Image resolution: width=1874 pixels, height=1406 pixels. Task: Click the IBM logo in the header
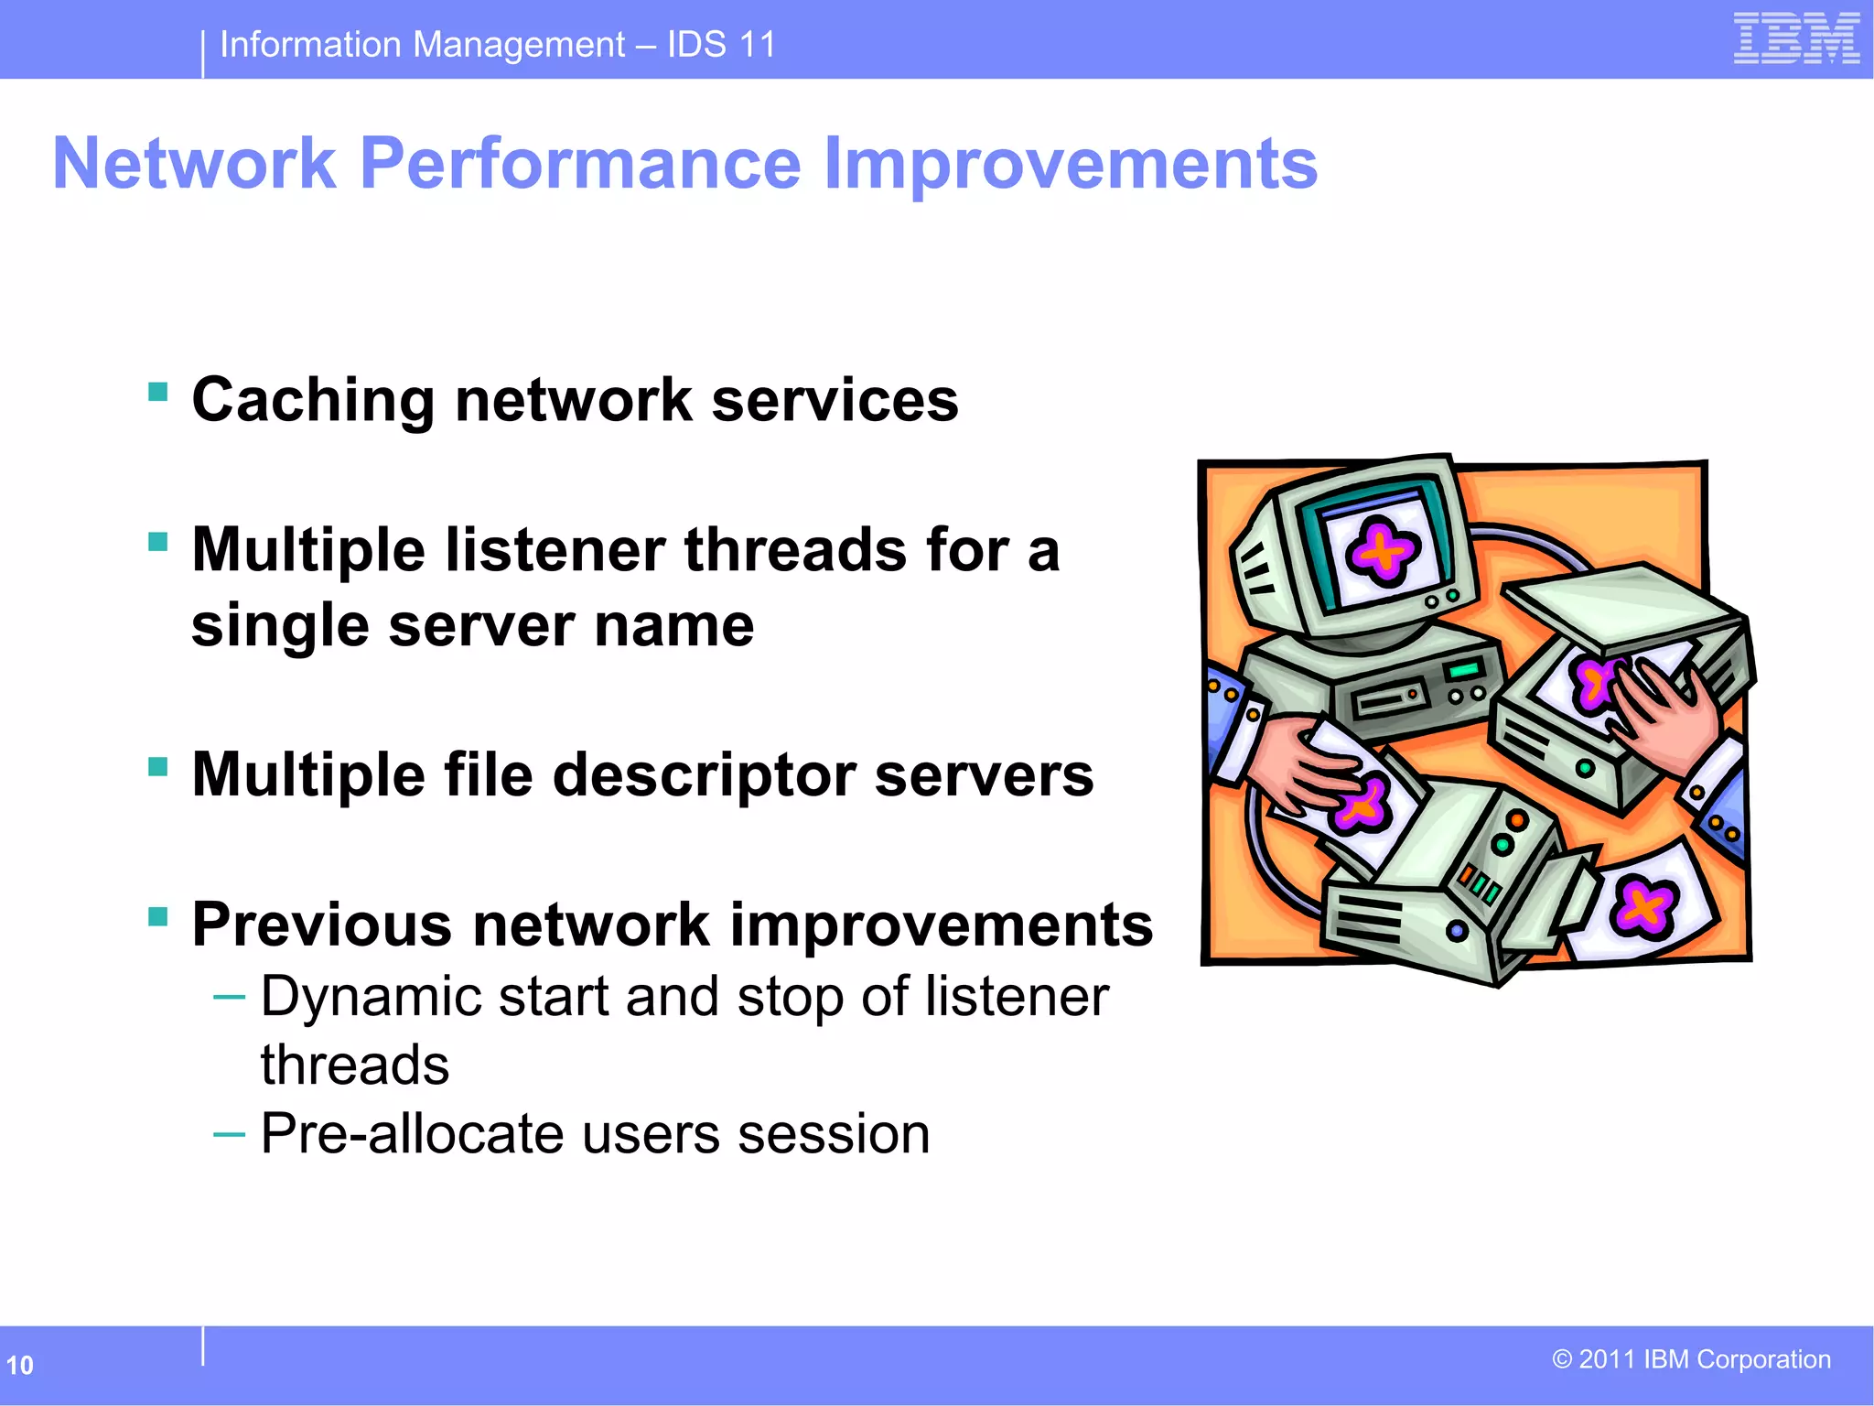1795,39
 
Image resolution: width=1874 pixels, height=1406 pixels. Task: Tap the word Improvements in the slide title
1070,164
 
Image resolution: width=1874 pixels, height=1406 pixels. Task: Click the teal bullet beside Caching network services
158,393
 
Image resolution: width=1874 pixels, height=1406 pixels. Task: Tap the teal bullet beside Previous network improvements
158,916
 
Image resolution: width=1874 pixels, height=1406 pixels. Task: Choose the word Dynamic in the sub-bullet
371,997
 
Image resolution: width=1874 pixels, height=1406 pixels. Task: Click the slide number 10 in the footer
19,1366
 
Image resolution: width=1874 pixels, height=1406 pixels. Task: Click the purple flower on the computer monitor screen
1382,550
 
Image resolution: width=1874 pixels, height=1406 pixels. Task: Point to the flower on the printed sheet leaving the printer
1643,906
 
